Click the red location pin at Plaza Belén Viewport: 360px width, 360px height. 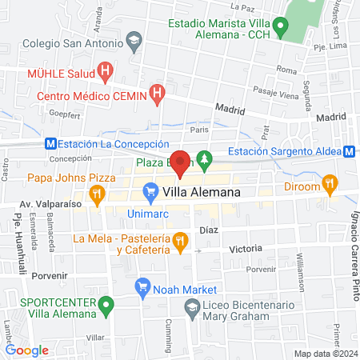pyautogui.click(x=181, y=162)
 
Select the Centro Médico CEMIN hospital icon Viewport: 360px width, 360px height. pyautogui.click(x=158, y=94)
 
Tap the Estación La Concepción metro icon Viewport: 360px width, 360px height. pyautogui.click(x=50, y=144)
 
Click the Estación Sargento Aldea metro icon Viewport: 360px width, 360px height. pyautogui.click(x=350, y=151)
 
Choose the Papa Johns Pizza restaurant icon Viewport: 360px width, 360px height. pyautogui.click(x=96, y=193)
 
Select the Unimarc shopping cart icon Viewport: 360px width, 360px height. pyautogui.click(x=150, y=191)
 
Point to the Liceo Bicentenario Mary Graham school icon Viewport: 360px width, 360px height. pyautogui.click(x=192, y=306)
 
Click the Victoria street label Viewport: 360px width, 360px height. pyautogui.click(x=246, y=250)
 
